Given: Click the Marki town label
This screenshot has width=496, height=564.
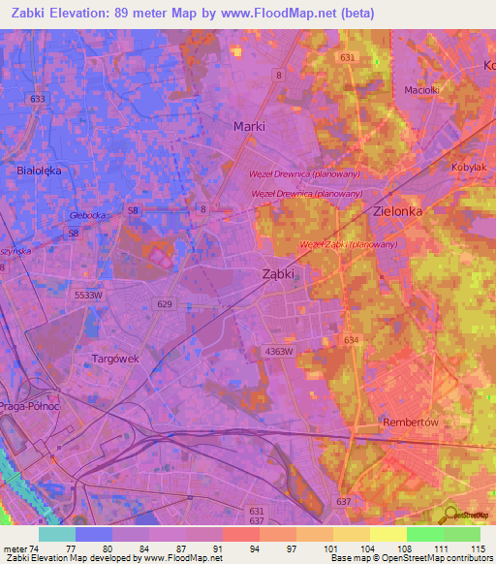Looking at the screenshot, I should tap(249, 126).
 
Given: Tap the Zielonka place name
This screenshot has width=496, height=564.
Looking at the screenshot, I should tap(399, 209).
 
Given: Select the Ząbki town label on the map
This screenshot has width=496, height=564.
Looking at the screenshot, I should tap(279, 274).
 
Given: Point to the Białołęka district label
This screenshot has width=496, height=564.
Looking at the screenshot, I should tap(40, 170).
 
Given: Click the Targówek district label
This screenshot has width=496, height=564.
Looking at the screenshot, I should tap(115, 358).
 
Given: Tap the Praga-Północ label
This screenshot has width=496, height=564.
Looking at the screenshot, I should tap(30, 406).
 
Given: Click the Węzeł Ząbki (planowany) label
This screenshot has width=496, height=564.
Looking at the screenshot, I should tap(348, 244).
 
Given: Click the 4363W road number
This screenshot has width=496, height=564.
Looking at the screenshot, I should tap(277, 352).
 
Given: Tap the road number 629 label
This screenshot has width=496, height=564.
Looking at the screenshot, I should tap(165, 304).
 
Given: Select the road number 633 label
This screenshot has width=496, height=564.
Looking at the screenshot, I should tap(38, 99).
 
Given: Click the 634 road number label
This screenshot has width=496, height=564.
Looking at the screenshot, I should tap(351, 340).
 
